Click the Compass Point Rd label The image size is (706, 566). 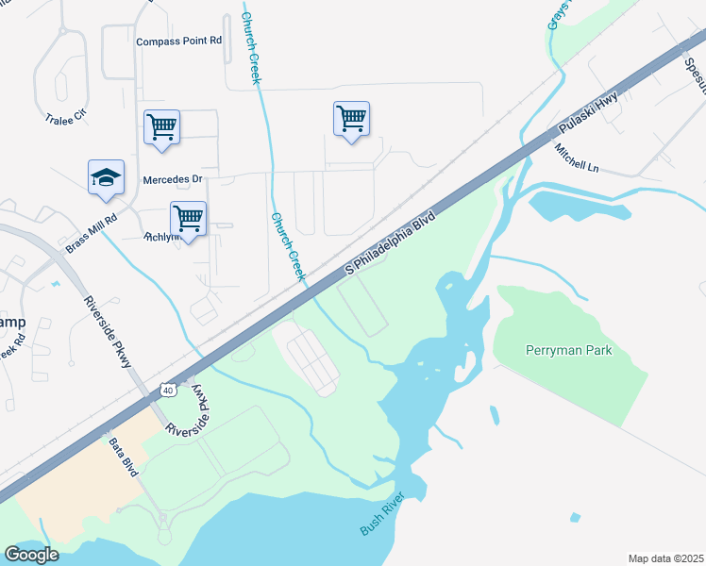pos(178,42)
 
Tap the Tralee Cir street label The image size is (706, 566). pos(65,118)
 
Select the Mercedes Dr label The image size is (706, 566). pos(173,179)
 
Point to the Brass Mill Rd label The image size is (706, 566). pos(91,232)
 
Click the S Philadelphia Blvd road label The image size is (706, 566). pos(389,242)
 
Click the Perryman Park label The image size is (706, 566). pos(568,351)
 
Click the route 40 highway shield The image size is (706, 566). pos(167,389)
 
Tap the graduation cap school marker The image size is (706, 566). pos(106,176)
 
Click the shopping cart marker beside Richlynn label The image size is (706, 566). pos(189,219)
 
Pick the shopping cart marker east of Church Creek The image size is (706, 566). pos(351,119)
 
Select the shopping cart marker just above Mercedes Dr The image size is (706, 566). pos(161,127)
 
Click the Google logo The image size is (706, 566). pos(32,554)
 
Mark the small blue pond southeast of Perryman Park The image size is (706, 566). pos(575,517)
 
